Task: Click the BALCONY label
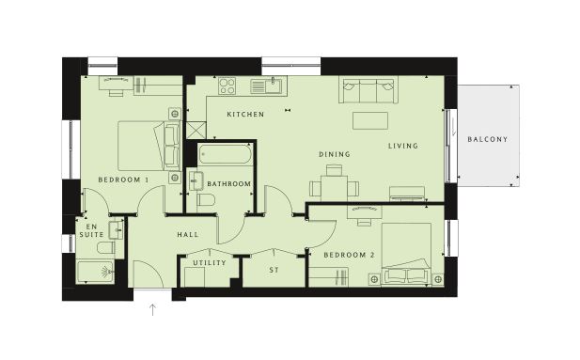pos(487,139)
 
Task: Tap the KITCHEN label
pos(245,115)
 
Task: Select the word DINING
pos(335,154)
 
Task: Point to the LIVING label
pos(403,146)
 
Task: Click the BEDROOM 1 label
pos(123,180)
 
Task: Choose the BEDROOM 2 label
pos(349,255)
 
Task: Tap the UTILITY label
pos(210,262)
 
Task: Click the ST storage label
pos(274,270)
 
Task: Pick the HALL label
pos(188,235)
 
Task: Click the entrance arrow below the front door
pos(152,309)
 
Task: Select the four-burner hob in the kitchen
pos(227,86)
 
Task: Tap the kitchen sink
pos(266,86)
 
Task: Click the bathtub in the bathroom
pos(226,154)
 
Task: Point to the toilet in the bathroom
pos(206,200)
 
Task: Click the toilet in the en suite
pos(106,248)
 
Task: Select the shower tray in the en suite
pos(96,273)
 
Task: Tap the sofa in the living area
pos(368,90)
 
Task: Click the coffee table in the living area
pos(370,120)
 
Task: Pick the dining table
pos(334,188)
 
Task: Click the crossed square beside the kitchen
pos(196,131)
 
